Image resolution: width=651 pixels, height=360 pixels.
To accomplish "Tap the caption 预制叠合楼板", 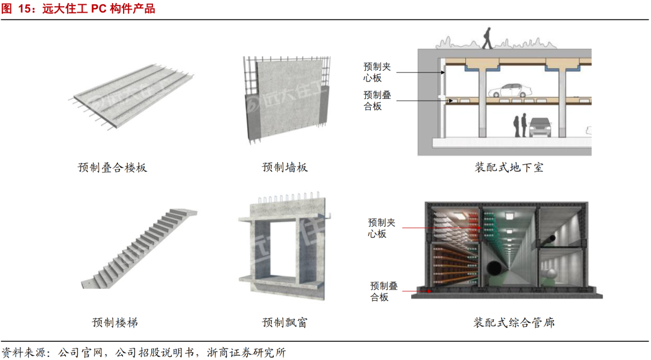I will point(112,168).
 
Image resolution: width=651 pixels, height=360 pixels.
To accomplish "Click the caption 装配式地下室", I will point(509,168).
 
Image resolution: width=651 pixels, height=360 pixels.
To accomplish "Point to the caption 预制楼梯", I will point(115,323).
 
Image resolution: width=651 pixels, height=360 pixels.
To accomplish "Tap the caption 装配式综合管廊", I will point(514,323).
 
